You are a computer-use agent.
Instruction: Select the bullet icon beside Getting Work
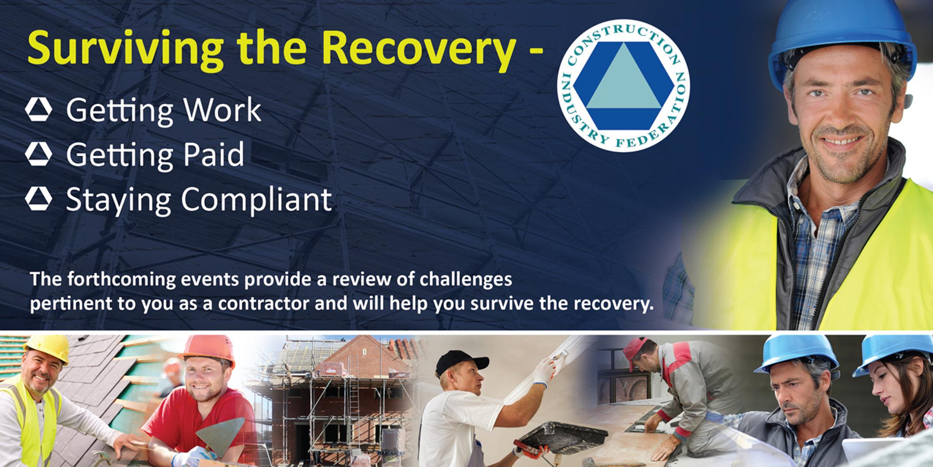point(38,110)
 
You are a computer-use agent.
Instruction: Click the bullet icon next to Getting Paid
point(38,155)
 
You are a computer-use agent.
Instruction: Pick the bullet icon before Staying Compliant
point(38,198)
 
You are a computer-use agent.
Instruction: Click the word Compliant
point(257,200)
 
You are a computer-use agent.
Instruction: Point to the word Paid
point(214,154)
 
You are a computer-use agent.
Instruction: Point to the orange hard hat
point(207,351)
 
